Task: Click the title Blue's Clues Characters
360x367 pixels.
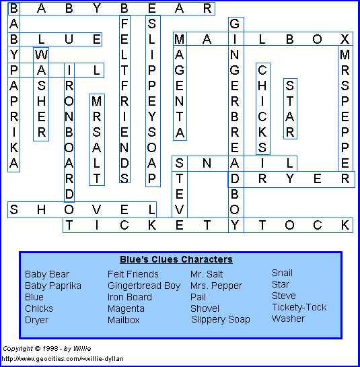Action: [176, 259]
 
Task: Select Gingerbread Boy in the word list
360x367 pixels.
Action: [144, 286]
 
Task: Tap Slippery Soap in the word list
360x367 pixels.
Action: [220, 320]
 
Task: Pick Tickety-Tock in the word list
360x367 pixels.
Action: [299, 307]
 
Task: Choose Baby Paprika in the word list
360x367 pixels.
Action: [53, 286]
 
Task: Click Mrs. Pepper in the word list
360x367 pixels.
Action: [216, 286]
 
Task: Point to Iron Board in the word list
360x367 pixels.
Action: [130, 297]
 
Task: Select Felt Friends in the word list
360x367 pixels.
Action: [133, 274]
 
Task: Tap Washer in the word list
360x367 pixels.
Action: [288, 319]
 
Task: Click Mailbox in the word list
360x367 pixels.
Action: [124, 320]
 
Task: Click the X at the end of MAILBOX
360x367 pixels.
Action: [345, 39]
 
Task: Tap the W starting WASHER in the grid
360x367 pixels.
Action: [41, 55]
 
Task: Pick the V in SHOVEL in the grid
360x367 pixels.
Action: [96, 209]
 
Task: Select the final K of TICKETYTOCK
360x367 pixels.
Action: [345, 225]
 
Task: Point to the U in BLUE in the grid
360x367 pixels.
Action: [69, 39]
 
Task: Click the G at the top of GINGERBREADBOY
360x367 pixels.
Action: [235, 24]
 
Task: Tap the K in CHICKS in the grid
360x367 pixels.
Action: [262, 132]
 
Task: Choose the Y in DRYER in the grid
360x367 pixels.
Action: [289, 179]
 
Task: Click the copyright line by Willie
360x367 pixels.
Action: [47, 349]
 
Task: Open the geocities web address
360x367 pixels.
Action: [63, 359]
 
